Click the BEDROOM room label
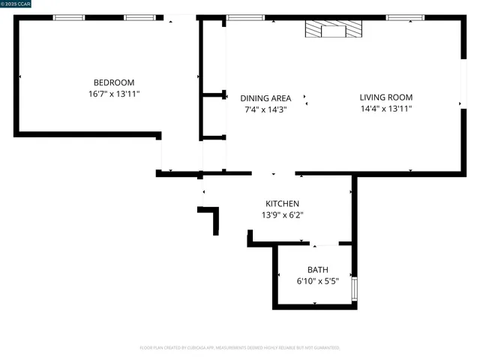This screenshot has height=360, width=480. pos(113,82)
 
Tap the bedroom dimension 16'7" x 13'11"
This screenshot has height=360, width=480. pos(113,94)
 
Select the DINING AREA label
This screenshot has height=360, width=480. pos(265,98)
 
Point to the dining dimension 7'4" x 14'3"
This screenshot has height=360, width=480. pos(265,109)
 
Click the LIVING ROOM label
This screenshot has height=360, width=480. pos(385,97)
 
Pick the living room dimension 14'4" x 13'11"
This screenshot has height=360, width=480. pos(385,109)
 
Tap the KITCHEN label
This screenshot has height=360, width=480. pos(282,204)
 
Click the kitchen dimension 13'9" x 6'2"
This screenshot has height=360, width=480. pos(282,215)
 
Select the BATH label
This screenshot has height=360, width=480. pos(317,270)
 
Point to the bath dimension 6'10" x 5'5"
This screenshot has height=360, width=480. pos(317,282)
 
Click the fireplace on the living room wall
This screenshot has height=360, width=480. pos(333,29)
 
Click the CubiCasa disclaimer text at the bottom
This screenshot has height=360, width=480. pos(240,348)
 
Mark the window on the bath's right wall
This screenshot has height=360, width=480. pos(355,289)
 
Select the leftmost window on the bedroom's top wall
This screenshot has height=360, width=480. pos(69,17)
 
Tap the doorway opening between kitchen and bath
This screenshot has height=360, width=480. pos(325,244)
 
